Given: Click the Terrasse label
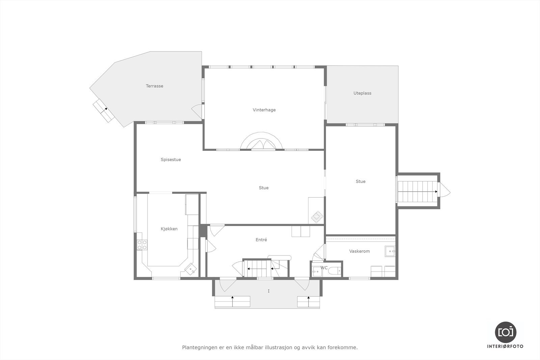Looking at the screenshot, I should (154, 86).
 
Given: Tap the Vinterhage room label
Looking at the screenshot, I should (264, 110).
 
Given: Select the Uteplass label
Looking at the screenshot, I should (362, 93).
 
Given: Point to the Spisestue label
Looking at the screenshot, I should (171, 160).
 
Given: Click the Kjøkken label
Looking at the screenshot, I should (169, 229).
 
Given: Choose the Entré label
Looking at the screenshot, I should (261, 240).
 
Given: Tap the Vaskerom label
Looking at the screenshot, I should (359, 251).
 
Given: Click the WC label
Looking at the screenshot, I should (324, 268).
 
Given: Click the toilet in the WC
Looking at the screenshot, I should (335, 271).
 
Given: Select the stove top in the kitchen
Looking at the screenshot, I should (142, 245).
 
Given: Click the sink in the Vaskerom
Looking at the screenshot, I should (390, 251).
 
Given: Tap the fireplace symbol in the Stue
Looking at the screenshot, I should (317, 216).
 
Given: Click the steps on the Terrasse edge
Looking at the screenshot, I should (103, 110).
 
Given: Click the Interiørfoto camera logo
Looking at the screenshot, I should (505, 332).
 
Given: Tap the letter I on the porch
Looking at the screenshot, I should (269, 291).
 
